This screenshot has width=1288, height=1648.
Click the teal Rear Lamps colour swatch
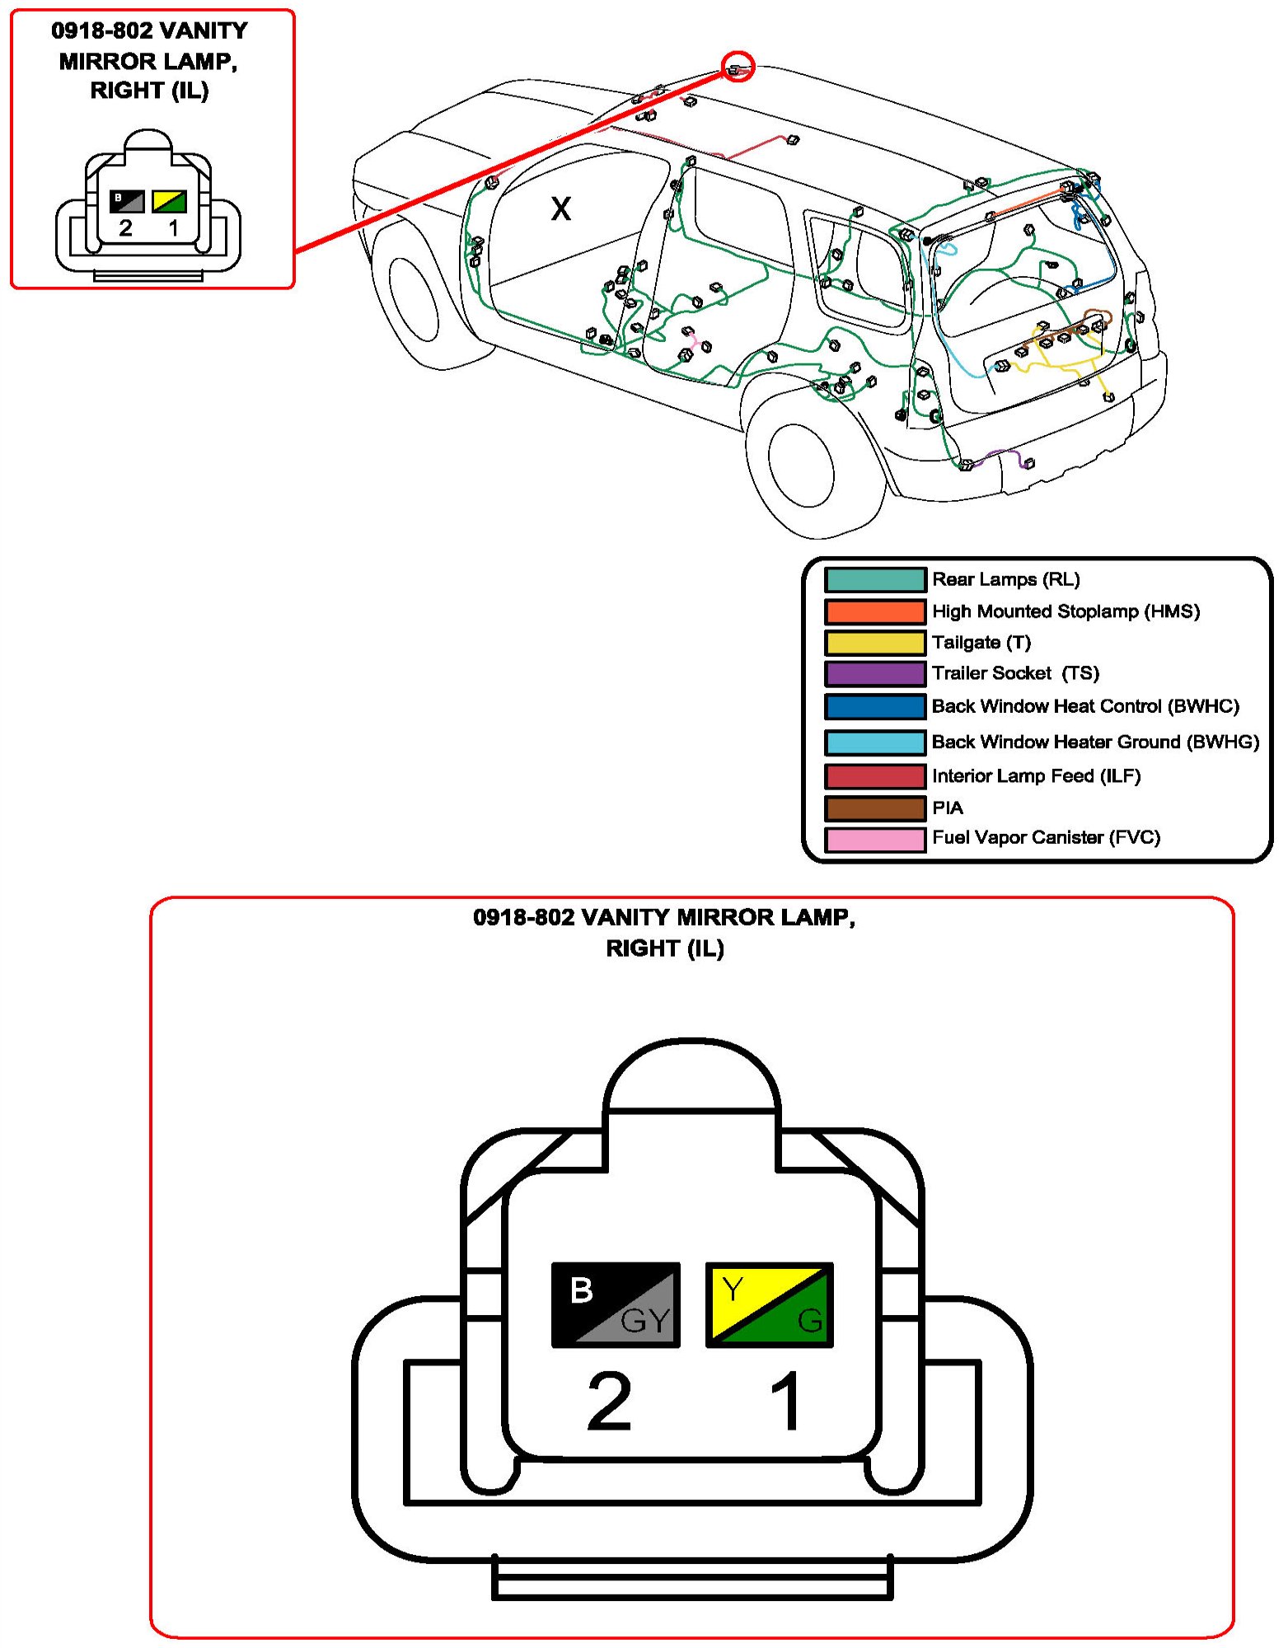pos(874,579)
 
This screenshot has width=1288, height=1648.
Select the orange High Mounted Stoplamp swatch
pos(874,611)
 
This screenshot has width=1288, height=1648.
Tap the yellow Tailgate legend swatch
pos(874,643)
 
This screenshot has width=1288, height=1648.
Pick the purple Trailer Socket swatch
pos(874,673)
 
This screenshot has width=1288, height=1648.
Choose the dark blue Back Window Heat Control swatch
pos(874,706)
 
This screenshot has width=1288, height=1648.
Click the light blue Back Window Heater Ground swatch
pos(874,742)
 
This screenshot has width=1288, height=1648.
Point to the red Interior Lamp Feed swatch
pos(874,776)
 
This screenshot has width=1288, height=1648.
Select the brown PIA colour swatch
pos(874,808)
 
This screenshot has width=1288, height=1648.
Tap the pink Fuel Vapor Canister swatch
pos(874,839)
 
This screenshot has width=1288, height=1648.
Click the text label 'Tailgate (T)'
pos(981,643)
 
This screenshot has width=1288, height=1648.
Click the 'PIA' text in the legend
pos(947,808)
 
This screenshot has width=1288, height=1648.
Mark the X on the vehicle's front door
pos(560,208)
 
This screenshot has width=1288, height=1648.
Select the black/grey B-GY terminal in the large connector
pos(616,1304)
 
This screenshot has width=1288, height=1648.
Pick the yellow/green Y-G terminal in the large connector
pos(770,1304)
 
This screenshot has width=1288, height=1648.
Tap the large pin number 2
pos(609,1401)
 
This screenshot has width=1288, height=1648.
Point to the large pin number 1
pos(786,1401)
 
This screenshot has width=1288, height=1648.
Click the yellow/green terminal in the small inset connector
pos(169,201)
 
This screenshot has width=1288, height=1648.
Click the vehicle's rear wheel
pos(799,466)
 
